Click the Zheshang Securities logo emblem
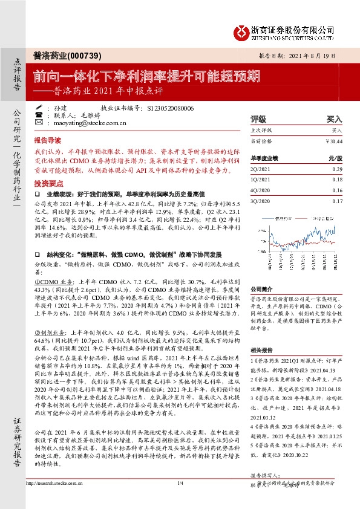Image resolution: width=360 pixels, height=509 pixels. pos(240,30)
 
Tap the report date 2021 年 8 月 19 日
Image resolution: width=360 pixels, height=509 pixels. pos(319,54)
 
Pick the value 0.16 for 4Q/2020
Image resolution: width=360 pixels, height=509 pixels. pos(337,190)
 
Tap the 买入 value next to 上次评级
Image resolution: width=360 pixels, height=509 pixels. pos(336,130)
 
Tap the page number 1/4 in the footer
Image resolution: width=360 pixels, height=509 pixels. pos(180,500)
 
